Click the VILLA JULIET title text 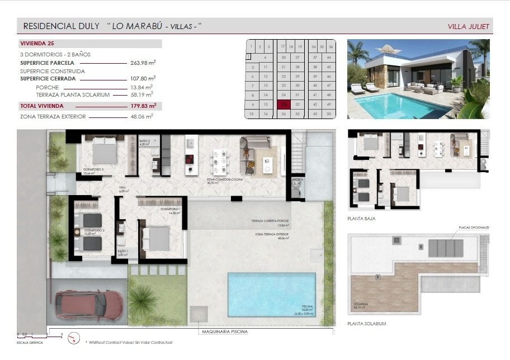[x=469, y=26]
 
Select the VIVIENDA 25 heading [x=37, y=43]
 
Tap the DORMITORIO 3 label [x=94, y=169]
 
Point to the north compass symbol [x=73, y=337]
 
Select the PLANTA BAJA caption [x=361, y=219]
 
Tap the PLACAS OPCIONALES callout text [x=474, y=228]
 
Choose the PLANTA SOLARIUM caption [x=367, y=324]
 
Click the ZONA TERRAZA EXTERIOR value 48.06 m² [x=142, y=116]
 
